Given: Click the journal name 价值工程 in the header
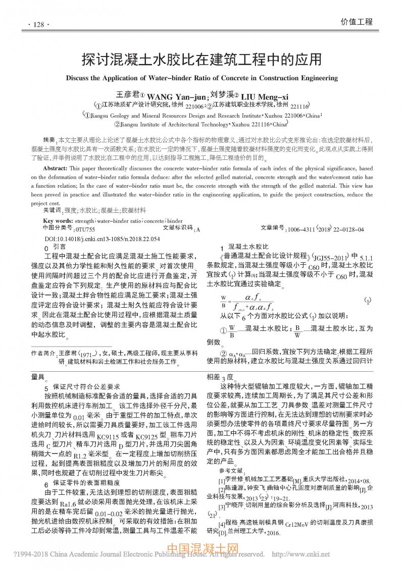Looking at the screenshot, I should pyautogui.click(x=357, y=22).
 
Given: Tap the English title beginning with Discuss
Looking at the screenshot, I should pyautogui.click(x=201, y=78).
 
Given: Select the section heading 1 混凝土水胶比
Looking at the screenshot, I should pyautogui.click(x=244, y=247).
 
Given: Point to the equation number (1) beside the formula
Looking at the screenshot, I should pyautogui.click(x=368, y=301).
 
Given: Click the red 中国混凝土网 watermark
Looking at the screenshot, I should pyautogui.click(x=201, y=548).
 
